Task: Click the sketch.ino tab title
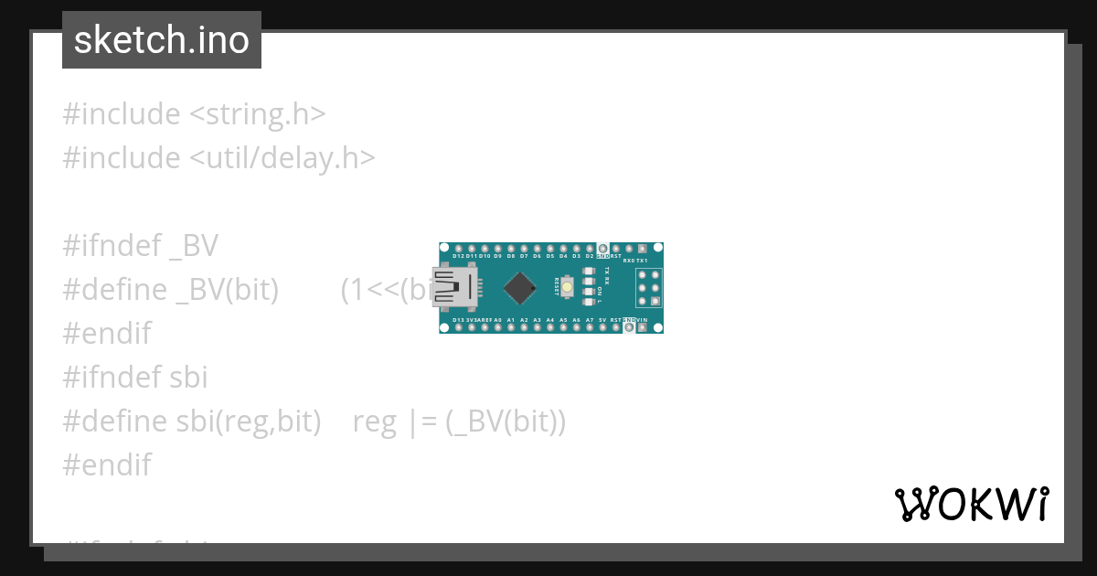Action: pyautogui.click(x=162, y=40)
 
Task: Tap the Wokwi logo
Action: pyautogui.click(x=971, y=504)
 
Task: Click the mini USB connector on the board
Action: pyautogui.click(x=455, y=287)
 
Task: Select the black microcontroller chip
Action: pyautogui.click(x=519, y=288)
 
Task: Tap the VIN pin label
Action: pyautogui.click(x=643, y=320)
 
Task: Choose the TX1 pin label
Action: pyautogui.click(x=642, y=261)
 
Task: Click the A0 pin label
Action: pyautogui.click(x=497, y=320)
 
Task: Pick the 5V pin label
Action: pyautogui.click(x=602, y=320)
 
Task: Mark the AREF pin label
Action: pyautogui.click(x=485, y=320)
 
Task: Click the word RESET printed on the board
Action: pyautogui.click(x=557, y=287)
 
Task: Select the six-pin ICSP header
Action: pyautogui.click(x=648, y=287)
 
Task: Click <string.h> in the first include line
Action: pyautogui.click(x=257, y=114)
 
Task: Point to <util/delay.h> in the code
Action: pyautogui.click(x=282, y=158)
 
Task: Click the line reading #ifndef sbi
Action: pyautogui.click(x=135, y=377)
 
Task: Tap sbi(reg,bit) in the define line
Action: pyautogui.click(x=248, y=421)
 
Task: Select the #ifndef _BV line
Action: pyautogui.click(x=141, y=245)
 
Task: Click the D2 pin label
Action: pyautogui.click(x=590, y=257)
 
